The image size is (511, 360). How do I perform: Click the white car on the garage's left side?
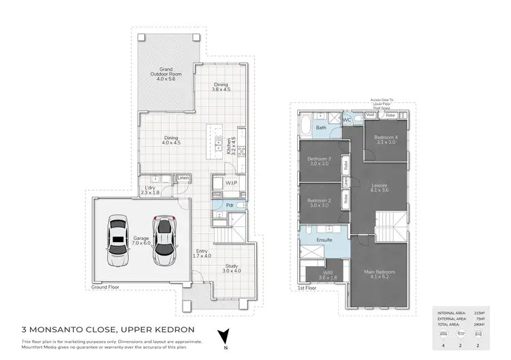tap(117, 241)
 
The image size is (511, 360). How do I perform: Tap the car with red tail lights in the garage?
tap(163, 241)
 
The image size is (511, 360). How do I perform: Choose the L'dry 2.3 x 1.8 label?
tap(150, 190)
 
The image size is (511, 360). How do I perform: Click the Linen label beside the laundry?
tap(183, 179)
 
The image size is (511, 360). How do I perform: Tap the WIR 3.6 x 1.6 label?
tap(328, 276)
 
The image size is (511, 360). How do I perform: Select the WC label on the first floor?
tap(346, 120)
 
